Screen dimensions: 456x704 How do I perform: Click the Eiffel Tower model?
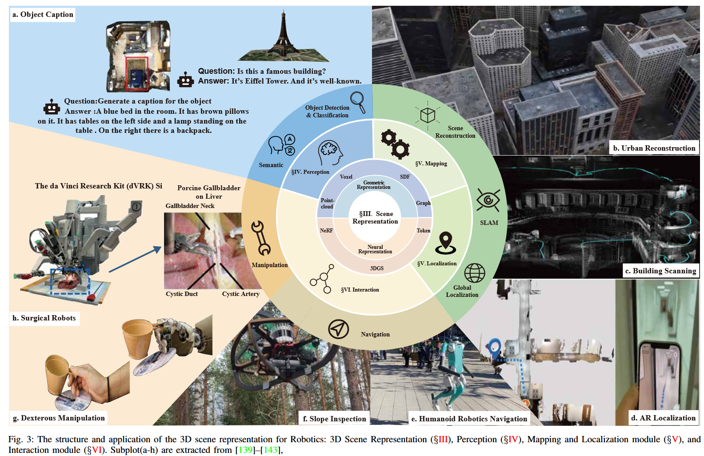click(283, 37)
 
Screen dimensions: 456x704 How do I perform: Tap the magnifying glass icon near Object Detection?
click(358, 102)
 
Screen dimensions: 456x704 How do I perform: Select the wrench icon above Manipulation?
click(261, 238)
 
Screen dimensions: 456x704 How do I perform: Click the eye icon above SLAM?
click(488, 200)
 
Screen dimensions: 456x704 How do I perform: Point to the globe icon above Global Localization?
click(474, 273)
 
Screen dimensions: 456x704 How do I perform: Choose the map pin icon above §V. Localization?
click(445, 243)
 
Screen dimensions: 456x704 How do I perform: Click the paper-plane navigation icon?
click(338, 329)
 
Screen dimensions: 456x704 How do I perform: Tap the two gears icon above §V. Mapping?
click(395, 144)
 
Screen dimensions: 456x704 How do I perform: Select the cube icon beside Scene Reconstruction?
click(428, 115)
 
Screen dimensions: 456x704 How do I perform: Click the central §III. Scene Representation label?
click(376, 217)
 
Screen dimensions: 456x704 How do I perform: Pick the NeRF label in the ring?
click(326, 231)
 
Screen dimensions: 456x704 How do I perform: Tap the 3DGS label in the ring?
click(377, 268)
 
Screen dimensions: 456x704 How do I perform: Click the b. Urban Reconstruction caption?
click(654, 148)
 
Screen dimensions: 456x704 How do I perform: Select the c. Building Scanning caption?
click(660, 271)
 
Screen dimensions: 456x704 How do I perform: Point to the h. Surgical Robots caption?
click(44, 318)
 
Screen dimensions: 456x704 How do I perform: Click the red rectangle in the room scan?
click(136, 73)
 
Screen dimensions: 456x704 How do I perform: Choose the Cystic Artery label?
click(240, 294)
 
